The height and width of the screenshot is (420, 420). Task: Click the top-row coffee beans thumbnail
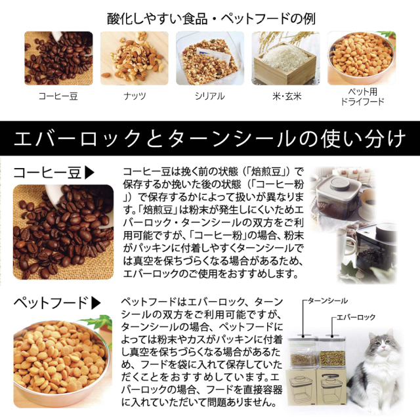tap(58, 58)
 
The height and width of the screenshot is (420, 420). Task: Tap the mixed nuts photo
tap(134, 58)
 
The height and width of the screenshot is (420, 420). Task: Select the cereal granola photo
tap(210, 58)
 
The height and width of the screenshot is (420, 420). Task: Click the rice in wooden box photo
tap(285, 58)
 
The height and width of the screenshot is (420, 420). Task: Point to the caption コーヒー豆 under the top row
tap(58, 96)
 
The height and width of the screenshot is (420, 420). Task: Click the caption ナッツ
tap(135, 96)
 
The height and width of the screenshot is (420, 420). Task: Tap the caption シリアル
tap(210, 96)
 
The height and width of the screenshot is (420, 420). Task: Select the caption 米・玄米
tap(287, 96)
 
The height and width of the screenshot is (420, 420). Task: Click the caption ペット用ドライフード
tap(362, 96)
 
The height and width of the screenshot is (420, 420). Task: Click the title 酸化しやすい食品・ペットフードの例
tap(211, 19)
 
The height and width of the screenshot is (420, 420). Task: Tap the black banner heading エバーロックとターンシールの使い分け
tap(209, 138)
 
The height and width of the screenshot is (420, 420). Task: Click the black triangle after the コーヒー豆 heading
tap(89, 173)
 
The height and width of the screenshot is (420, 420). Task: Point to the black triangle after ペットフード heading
tap(96, 303)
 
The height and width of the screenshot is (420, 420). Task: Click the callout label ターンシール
tap(327, 301)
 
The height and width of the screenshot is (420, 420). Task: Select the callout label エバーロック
tap(356, 318)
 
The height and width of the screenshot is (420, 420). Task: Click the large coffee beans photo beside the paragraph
tap(63, 232)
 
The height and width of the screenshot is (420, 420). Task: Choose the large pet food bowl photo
tap(63, 362)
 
